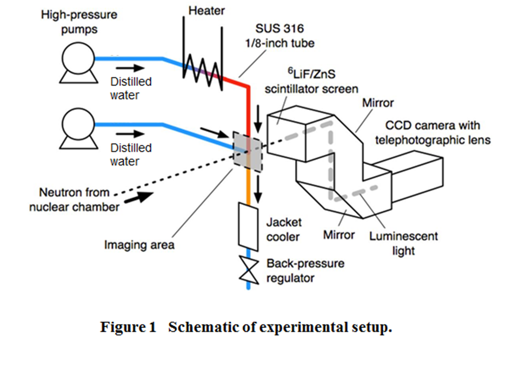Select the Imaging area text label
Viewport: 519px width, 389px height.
click(x=139, y=245)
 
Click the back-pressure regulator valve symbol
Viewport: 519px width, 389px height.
click(x=249, y=269)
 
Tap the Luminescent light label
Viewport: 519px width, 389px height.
click(x=403, y=243)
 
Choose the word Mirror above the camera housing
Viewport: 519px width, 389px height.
click(x=378, y=103)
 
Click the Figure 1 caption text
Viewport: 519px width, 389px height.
click(x=245, y=327)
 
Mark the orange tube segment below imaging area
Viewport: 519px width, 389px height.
click(x=249, y=186)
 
